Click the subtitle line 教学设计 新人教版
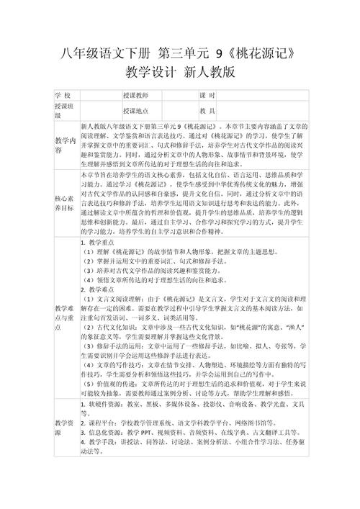179,73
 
